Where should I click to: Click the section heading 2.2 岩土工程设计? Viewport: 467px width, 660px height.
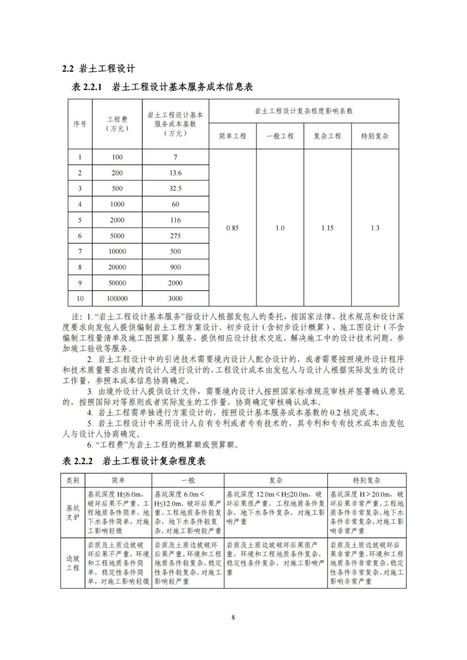(99, 68)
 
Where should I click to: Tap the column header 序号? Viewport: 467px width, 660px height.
(80, 124)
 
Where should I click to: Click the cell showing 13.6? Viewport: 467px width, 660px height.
(176, 173)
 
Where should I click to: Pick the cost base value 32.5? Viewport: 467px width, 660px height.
(176, 188)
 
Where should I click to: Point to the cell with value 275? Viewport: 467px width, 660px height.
(176, 236)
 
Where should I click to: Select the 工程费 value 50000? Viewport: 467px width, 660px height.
(117, 283)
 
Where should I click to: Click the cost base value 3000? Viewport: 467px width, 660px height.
(176, 298)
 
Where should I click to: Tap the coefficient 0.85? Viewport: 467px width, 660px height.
(232, 228)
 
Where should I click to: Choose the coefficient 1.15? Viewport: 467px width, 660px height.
(327, 228)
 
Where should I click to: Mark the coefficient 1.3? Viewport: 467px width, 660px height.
(375, 228)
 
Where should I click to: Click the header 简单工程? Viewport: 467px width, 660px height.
(232, 136)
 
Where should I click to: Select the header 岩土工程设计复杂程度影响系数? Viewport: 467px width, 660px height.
(304, 111)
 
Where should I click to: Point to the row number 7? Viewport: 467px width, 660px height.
(80, 251)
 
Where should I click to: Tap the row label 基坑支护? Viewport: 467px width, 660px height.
(73, 513)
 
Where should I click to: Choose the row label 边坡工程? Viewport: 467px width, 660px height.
(73, 563)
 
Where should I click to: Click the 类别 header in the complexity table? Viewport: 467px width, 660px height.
(73, 480)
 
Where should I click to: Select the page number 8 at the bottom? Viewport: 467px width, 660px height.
(233, 617)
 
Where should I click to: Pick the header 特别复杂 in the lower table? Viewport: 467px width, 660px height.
(367, 480)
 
